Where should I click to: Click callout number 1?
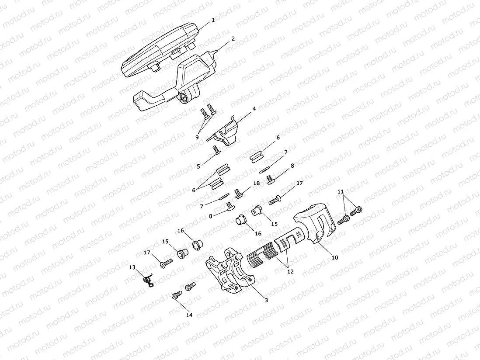click(x=213, y=20)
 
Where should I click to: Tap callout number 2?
click(x=233, y=38)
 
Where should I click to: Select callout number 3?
click(x=266, y=300)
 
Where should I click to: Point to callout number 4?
click(x=254, y=108)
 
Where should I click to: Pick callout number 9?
click(x=197, y=137)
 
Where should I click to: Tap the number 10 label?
click(x=335, y=258)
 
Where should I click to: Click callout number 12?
click(x=290, y=271)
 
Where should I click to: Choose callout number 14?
click(x=189, y=315)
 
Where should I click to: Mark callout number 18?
click(x=256, y=183)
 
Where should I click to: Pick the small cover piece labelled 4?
click(x=224, y=132)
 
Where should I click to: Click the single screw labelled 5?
click(x=216, y=151)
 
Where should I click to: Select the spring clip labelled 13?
click(x=149, y=280)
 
